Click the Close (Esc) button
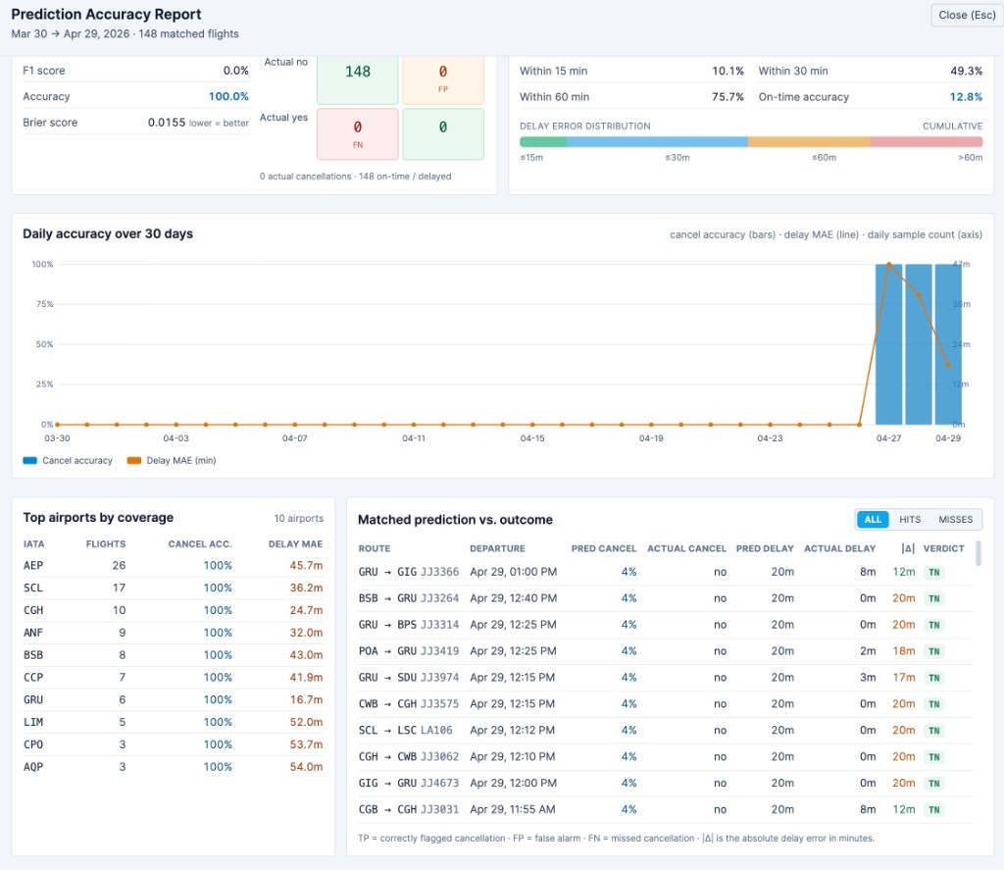(x=966, y=15)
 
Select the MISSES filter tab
(x=955, y=519)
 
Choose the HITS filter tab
(x=909, y=519)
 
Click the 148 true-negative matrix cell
(x=357, y=78)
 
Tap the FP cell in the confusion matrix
(x=442, y=78)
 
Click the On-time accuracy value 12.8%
(x=966, y=97)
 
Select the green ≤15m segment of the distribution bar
(x=543, y=141)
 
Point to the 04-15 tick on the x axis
(x=532, y=437)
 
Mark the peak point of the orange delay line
(x=889, y=264)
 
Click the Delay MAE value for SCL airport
(x=306, y=588)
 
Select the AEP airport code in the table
(x=33, y=565)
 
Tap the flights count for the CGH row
(x=121, y=610)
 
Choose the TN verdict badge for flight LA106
(x=933, y=730)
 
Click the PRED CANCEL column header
(x=603, y=548)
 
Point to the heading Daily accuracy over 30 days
(x=108, y=233)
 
